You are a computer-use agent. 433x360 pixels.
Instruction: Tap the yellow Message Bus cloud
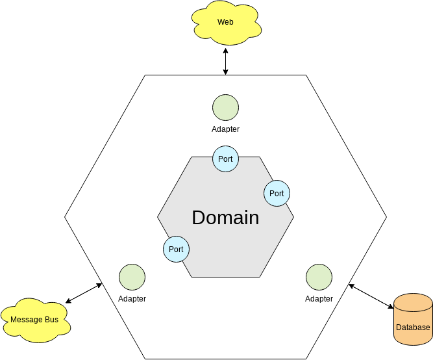click(34, 320)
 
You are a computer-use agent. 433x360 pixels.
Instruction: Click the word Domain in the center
click(225, 218)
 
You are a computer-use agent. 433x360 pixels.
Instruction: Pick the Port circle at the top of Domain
click(225, 159)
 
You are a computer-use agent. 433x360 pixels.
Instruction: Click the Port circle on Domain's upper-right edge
click(277, 193)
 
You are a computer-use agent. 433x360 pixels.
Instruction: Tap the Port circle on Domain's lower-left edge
click(176, 249)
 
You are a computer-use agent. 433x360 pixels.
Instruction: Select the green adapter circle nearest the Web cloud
click(225, 107)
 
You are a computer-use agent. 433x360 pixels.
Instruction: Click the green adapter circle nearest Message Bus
click(132, 277)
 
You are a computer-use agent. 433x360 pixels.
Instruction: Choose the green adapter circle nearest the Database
click(319, 277)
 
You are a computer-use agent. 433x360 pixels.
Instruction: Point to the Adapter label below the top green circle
click(225, 129)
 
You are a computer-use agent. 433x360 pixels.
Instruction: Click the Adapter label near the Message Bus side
click(132, 299)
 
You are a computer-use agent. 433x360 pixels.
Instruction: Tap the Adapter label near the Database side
click(319, 299)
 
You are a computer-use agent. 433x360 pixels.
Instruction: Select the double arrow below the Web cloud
click(225, 61)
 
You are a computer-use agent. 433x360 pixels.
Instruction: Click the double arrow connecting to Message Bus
click(84, 293)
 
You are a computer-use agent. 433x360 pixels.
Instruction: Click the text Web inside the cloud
click(225, 22)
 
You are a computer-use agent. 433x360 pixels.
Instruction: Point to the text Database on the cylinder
click(413, 328)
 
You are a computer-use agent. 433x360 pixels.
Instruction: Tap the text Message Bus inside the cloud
click(34, 320)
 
